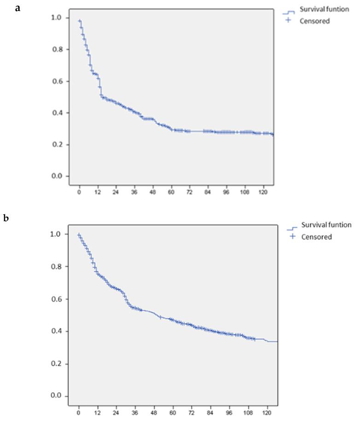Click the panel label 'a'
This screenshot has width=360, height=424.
(17, 8)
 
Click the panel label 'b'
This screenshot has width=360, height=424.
(6, 218)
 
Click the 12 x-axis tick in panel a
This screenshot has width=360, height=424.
(97, 193)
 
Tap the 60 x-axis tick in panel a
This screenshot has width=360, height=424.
(171, 193)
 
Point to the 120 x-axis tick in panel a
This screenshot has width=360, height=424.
(262, 193)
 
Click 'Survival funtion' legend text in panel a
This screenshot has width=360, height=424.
(325, 9)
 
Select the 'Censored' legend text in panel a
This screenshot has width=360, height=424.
(315, 21)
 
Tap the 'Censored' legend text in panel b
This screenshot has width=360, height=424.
(316, 237)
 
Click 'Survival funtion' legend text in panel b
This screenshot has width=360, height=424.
(326, 225)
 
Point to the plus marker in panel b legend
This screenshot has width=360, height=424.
(292, 236)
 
